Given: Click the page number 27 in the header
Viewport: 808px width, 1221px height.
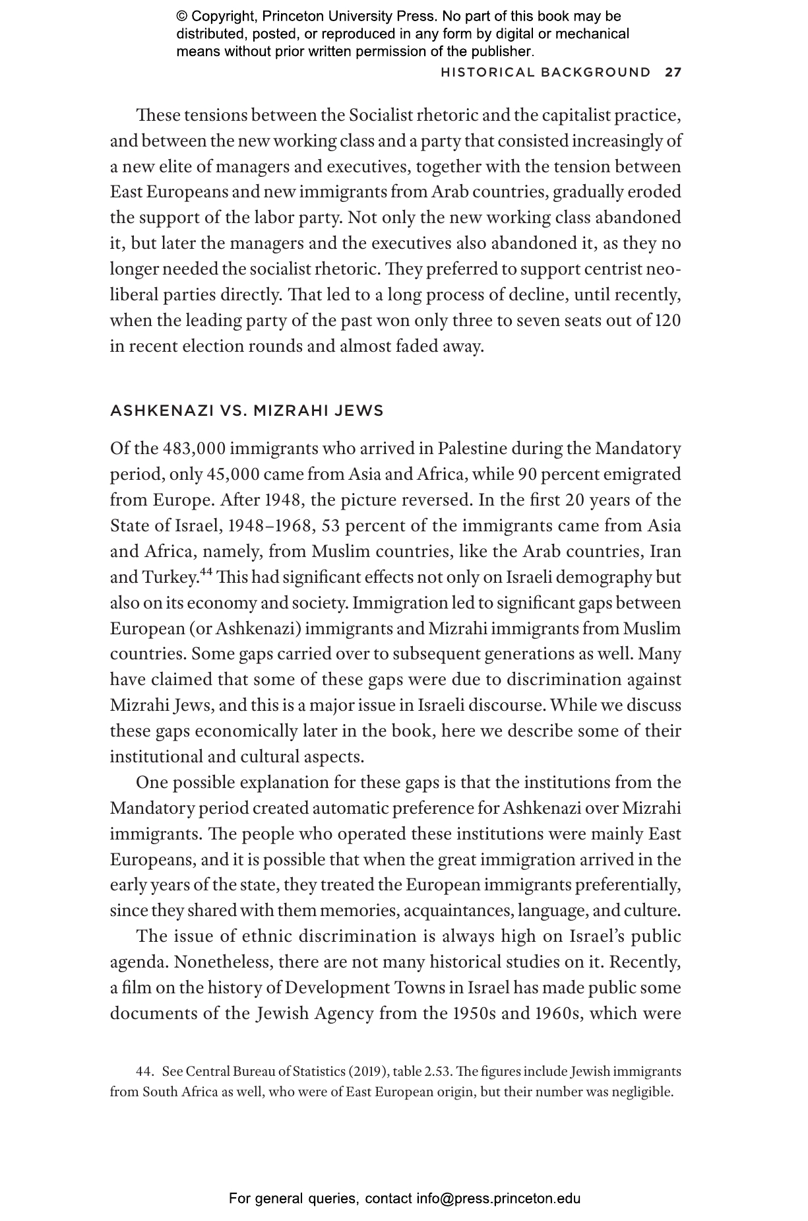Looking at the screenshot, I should coord(673,73).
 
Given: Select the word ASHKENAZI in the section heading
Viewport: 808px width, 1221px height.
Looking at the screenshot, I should coord(162,411).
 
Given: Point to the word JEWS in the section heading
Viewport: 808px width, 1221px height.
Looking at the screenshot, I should coord(359,411).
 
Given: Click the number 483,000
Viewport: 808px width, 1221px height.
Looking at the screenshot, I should coord(195,449).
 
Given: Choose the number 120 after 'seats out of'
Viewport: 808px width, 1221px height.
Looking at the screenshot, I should coord(668,321).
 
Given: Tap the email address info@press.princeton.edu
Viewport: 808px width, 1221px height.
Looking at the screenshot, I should coord(498,1199).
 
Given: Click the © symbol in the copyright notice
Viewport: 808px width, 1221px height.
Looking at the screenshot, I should coord(182,16).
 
